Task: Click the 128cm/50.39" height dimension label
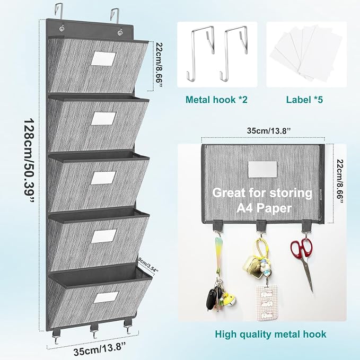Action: coord(29,160)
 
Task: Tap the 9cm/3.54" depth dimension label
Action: coord(148,265)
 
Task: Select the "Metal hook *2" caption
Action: coord(216,100)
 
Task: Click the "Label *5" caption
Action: coord(304,100)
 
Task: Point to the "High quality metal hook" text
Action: coord(270,334)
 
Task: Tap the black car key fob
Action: coord(210,299)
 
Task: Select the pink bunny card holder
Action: coord(267,303)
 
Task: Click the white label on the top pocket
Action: coord(103,59)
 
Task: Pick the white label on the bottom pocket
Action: coord(106,297)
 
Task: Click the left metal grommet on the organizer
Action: coord(62,29)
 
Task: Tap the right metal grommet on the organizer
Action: coord(120,32)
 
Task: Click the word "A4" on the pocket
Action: coord(245,208)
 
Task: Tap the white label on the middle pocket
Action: coord(103,178)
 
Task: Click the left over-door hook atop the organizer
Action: coord(59,11)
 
